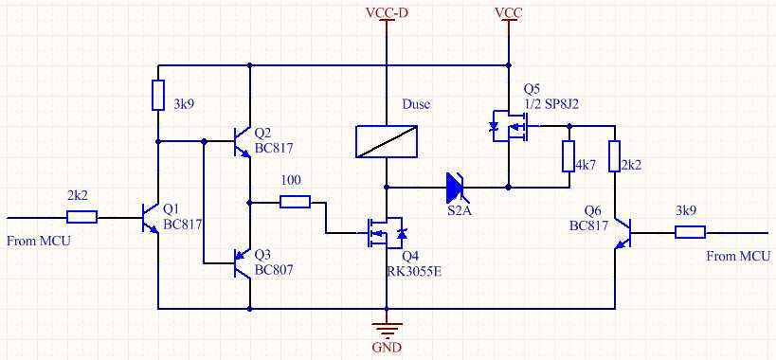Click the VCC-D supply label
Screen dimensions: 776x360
click(x=387, y=13)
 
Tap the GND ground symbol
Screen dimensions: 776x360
click(x=387, y=328)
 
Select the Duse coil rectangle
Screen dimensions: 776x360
click(x=387, y=141)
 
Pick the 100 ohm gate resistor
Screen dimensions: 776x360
click(x=295, y=202)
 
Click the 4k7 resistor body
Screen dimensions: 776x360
click(x=568, y=156)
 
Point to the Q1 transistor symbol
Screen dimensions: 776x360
click(x=149, y=218)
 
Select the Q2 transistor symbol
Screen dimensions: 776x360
click(x=242, y=142)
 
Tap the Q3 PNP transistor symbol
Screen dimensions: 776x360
click(x=242, y=262)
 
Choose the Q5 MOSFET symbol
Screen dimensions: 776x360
click(x=510, y=126)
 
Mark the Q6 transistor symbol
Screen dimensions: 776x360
click(x=623, y=232)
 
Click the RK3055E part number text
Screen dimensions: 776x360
click(x=414, y=270)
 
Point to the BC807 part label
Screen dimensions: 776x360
click(x=274, y=270)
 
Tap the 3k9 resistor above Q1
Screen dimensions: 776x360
click(x=158, y=95)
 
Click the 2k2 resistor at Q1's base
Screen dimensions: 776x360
click(x=81, y=217)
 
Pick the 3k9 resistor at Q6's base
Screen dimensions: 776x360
click(x=690, y=232)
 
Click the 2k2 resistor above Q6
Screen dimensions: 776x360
click(x=614, y=156)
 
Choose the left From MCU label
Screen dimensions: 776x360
click(x=39, y=242)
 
